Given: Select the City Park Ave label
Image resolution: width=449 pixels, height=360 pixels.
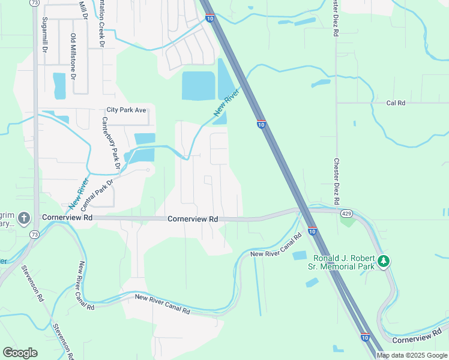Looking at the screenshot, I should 127,110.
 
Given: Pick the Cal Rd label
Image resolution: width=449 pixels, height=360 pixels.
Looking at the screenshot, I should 396,103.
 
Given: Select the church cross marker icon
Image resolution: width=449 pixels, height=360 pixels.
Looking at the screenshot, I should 24,217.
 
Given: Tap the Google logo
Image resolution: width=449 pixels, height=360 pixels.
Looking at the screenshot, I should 20,353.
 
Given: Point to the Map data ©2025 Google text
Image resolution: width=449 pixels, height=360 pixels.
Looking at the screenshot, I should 412,355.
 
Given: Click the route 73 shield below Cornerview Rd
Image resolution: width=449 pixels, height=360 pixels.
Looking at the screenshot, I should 34,234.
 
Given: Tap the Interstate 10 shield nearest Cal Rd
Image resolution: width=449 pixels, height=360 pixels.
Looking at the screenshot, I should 261,124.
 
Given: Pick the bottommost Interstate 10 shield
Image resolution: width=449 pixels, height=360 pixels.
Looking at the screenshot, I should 365,338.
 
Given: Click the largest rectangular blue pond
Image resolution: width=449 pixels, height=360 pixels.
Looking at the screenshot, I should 198,86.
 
